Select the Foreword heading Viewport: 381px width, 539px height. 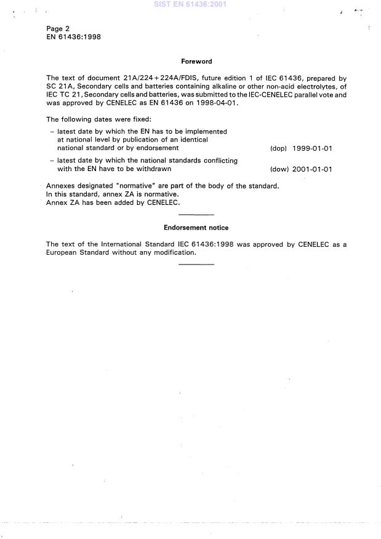(196, 62)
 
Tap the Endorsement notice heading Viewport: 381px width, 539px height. (196, 228)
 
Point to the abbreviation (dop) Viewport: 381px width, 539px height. (279, 149)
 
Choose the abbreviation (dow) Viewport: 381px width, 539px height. (279, 169)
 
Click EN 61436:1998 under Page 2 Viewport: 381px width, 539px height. (74, 37)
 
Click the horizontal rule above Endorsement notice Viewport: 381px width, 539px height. (196, 214)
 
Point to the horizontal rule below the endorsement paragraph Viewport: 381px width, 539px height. (196, 264)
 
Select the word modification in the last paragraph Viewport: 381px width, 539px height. (172, 253)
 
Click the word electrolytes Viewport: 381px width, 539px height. (313, 87)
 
